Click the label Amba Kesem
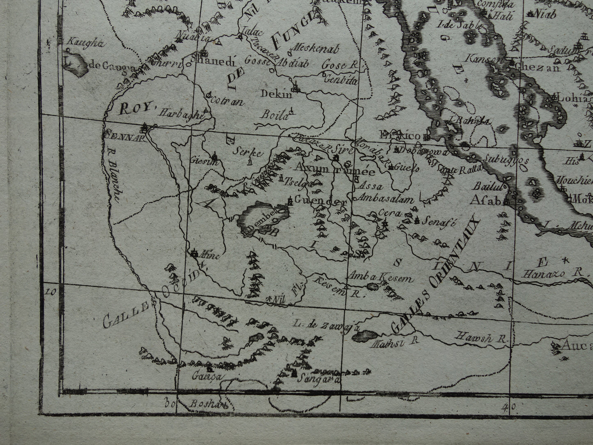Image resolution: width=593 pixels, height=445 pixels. click(379, 278)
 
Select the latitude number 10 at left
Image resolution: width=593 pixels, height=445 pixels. click(50, 292)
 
